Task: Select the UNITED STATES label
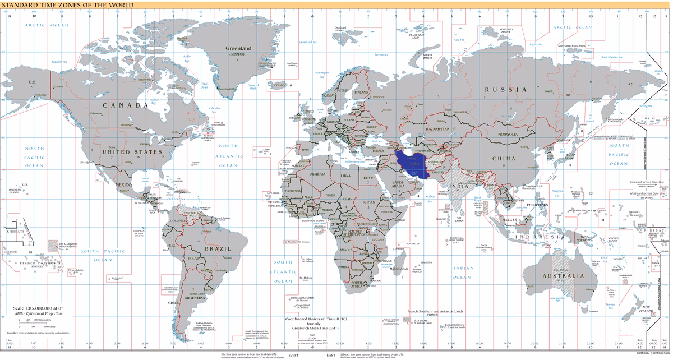132,152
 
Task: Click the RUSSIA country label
506,90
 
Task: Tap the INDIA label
460,187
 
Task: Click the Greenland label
238,49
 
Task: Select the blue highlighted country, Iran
413,163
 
